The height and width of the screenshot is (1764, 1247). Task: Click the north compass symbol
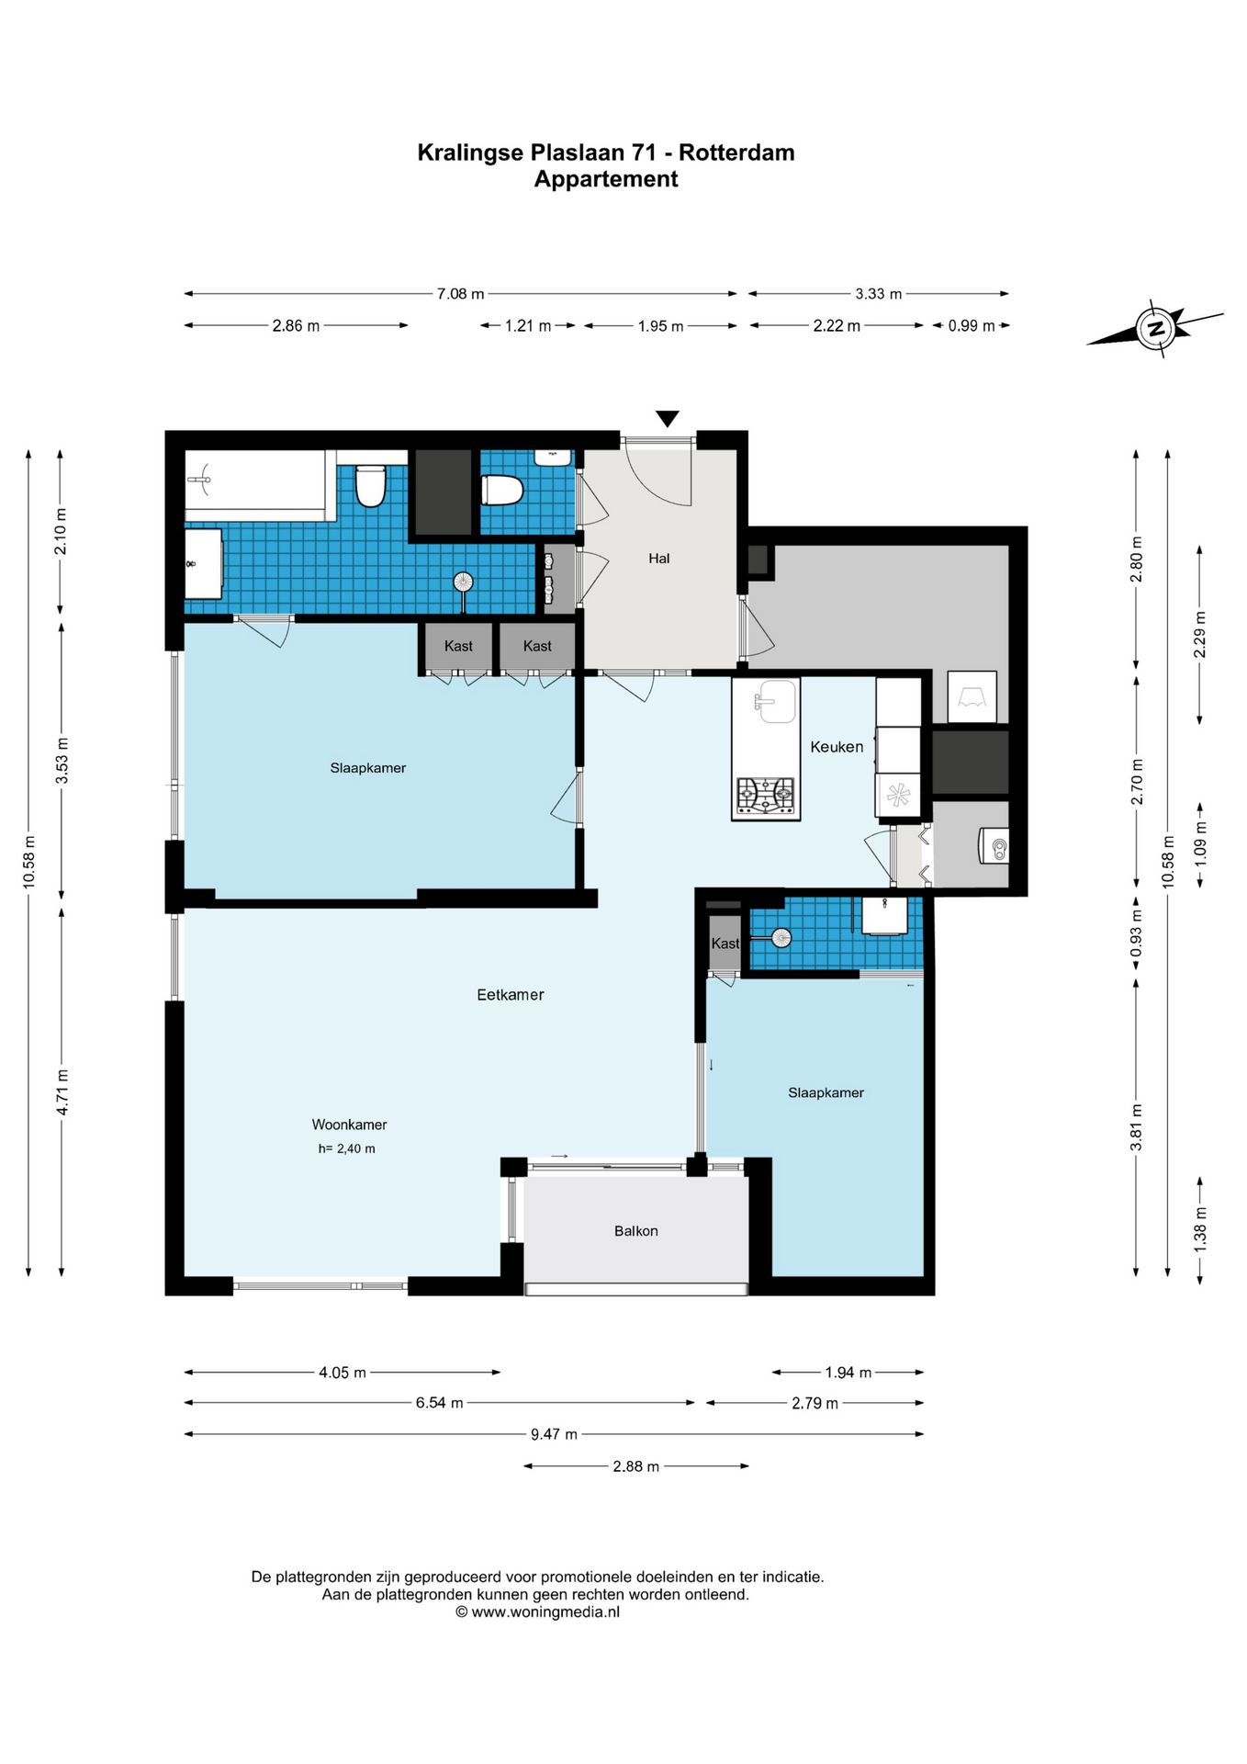1155,328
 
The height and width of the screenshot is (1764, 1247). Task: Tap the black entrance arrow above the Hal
668,419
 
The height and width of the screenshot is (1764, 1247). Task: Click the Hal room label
659,558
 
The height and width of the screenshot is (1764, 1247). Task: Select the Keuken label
837,747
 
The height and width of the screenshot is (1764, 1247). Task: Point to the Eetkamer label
511,994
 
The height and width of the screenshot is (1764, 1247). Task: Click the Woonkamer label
349,1125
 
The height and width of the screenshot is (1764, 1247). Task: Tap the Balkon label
636,1231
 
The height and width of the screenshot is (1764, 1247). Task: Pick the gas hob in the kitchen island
766,795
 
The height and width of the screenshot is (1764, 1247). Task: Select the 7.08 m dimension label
460,294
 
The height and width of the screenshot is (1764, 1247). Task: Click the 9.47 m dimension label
554,1434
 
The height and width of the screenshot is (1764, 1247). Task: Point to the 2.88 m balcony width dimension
636,1466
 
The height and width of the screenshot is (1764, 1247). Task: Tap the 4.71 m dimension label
62,1092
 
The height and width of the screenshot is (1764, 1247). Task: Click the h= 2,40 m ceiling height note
347,1148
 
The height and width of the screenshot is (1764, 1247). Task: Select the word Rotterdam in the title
736,153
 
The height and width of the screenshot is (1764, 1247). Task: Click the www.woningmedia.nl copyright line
538,1611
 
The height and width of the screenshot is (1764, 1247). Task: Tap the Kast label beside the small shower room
725,944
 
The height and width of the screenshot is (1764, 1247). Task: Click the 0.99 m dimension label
972,326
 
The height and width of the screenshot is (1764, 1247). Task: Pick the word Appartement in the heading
606,179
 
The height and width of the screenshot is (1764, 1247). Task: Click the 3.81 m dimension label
1137,1127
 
